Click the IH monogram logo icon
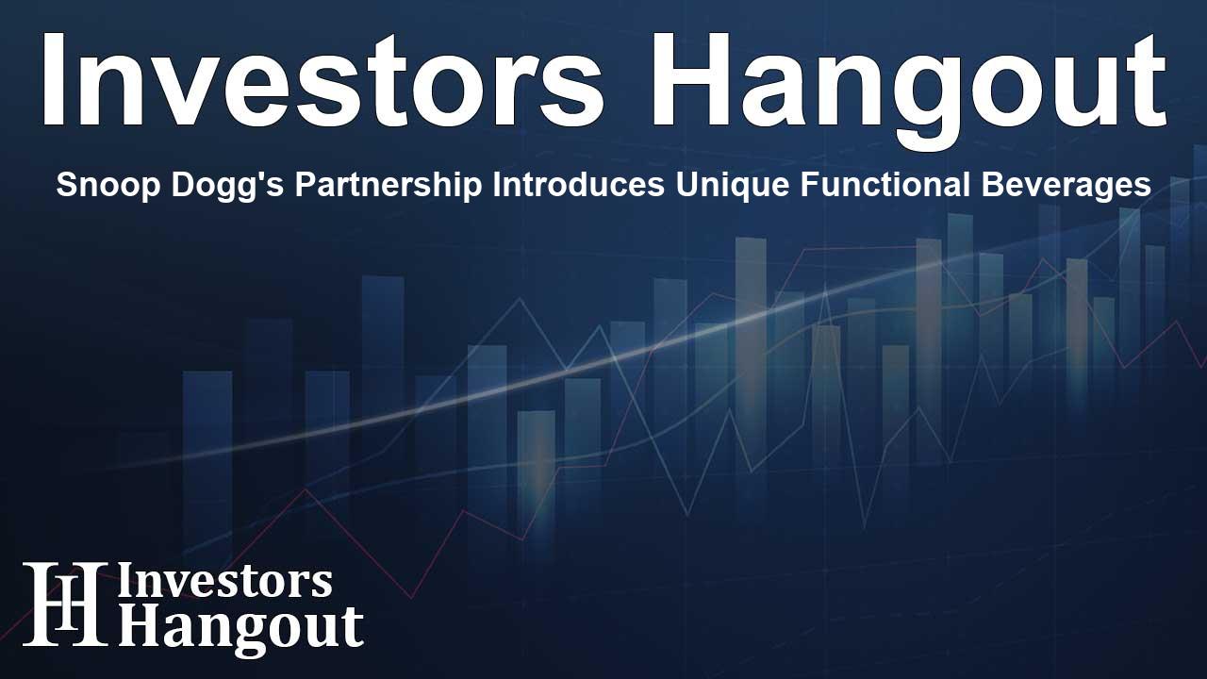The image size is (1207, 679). click(64, 604)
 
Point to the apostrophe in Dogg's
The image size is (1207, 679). click(221, 177)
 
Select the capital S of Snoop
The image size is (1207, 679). click(65, 186)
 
